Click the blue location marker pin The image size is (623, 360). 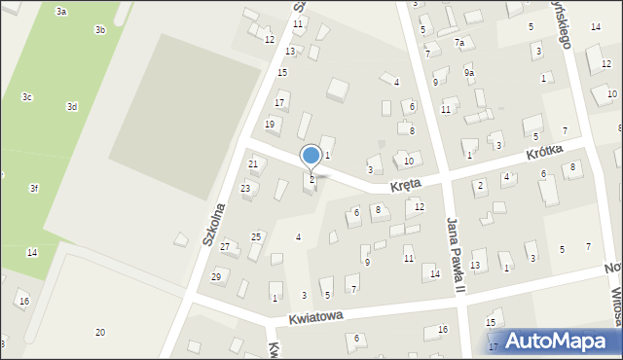coord(311,156)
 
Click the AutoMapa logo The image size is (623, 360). coord(560,341)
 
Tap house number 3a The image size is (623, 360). coord(61,11)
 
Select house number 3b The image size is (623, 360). coord(99,30)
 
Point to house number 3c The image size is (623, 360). coord(27,97)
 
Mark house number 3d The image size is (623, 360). coord(71,106)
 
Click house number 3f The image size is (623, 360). coord(34,188)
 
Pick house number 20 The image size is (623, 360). coord(99,333)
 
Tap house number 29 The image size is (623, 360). coord(216,277)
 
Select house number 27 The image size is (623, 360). coord(225,247)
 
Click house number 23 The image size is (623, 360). coord(246,188)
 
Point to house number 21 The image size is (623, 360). coord(253,164)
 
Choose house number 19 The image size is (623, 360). coord(270,125)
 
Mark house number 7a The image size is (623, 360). coord(459,43)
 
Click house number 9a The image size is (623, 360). coord(469,73)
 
